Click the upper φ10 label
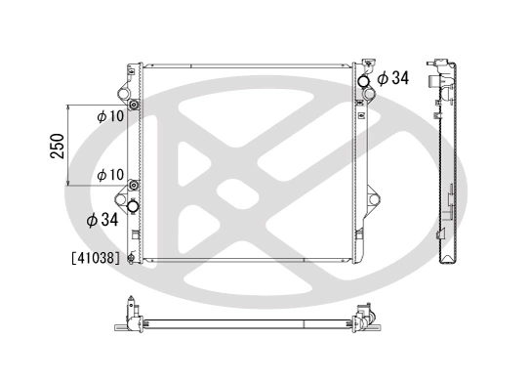coord(109,116)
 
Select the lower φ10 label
coord(109,175)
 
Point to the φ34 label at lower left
coord(102,221)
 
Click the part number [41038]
coord(95,259)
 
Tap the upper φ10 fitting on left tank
coord(134,105)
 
